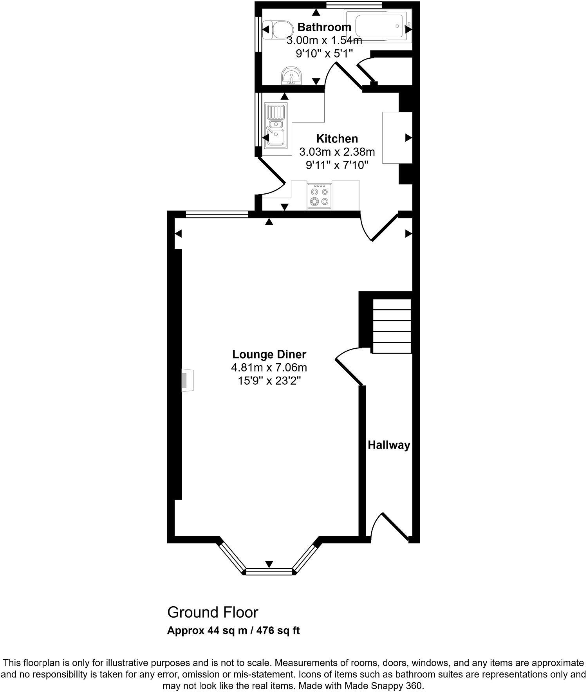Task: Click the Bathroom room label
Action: pos(324,27)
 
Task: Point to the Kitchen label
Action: pos(337,139)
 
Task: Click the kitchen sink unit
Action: pos(276,126)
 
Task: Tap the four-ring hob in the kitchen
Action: pos(319,195)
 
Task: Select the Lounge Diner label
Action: pos(269,354)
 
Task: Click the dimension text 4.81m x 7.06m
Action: pos(269,368)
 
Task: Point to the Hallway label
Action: pos(389,445)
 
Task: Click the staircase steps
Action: pos(392,326)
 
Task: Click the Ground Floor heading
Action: pos(213,612)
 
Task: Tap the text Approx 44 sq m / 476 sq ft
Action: pos(233,631)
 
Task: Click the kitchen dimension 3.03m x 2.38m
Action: pos(337,151)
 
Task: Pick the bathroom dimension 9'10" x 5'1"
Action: pos(325,53)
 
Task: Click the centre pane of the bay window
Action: pos(269,571)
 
